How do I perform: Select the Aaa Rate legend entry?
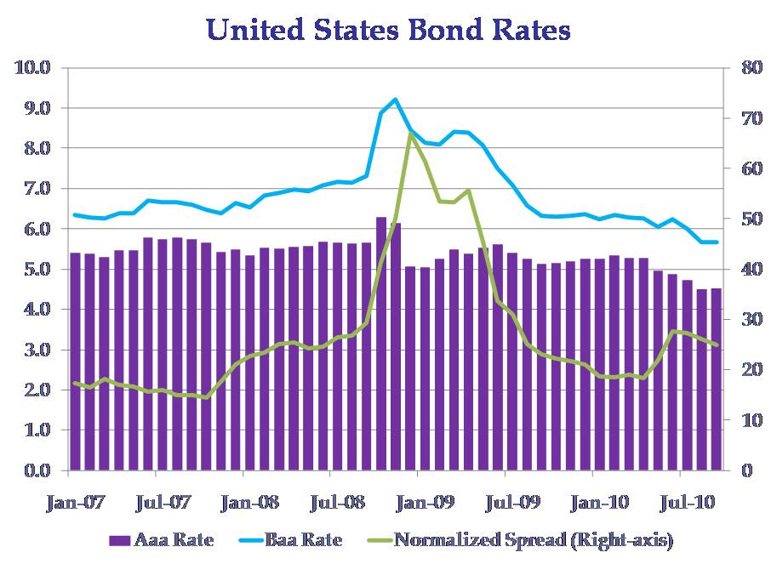click(x=162, y=539)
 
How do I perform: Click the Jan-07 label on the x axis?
click(x=75, y=503)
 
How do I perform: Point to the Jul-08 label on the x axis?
click(x=338, y=503)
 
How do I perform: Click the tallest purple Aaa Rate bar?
click(x=381, y=340)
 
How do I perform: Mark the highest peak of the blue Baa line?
click(x=395, y=100)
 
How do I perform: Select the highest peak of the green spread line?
click(x=410, y=133)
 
